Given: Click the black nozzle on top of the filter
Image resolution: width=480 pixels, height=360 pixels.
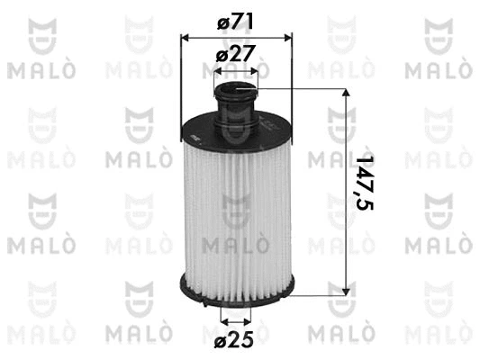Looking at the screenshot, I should [237, 94].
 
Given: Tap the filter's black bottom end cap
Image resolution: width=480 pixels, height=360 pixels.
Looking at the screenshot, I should [237, 290].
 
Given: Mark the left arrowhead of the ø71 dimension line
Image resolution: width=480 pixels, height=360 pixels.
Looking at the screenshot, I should [186, 37].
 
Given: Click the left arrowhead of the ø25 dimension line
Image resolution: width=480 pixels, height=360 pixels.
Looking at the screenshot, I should [222, 319].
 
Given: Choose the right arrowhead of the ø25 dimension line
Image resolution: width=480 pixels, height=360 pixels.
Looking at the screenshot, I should [251, 319].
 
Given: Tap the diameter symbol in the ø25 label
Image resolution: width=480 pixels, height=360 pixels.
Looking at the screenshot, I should [221, 341].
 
